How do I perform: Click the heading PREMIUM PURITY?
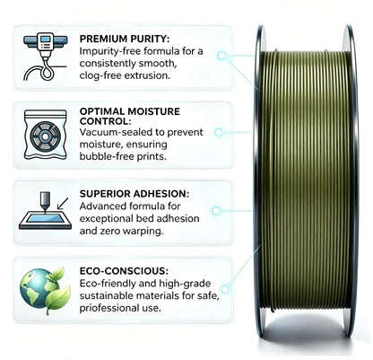125,39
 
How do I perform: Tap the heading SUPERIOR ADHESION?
134,194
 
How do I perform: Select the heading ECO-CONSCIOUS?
124,271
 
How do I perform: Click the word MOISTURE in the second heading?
154,111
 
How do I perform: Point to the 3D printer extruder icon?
45,57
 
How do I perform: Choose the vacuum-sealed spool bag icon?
45,135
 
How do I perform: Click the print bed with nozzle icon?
45,211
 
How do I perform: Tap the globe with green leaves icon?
45,290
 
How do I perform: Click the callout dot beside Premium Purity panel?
221,56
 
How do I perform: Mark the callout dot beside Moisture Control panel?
219,132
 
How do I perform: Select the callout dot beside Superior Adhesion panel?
216,211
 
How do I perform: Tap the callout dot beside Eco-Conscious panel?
225,289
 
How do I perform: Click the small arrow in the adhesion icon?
62,204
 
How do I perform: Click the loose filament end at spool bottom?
272,309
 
